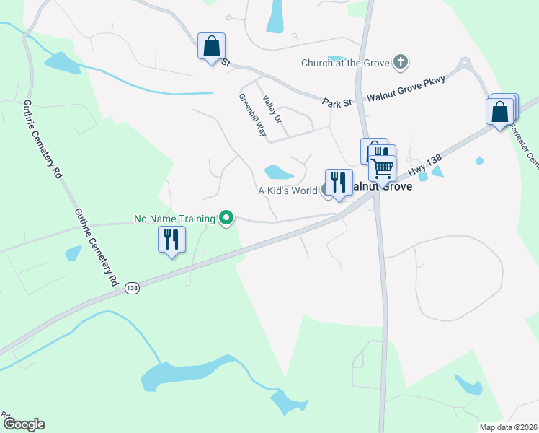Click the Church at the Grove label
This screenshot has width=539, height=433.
click(345, 62)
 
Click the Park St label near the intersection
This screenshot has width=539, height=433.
click(337, 103)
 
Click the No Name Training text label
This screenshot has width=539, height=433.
click(175, 218)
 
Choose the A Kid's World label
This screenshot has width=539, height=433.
click(288, 191)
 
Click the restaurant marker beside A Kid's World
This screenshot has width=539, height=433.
click(339, 184)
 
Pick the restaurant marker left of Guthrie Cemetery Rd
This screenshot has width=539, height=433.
click(171, 241)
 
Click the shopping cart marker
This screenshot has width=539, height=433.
click(383, 169)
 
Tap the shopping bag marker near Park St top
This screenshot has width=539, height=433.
click(211, 48)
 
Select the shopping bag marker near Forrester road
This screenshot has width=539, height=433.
click(500, 113)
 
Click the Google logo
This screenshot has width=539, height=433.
click(23, 424)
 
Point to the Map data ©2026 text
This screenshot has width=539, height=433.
click(508, 427)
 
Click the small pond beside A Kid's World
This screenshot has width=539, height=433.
click(279, 172)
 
